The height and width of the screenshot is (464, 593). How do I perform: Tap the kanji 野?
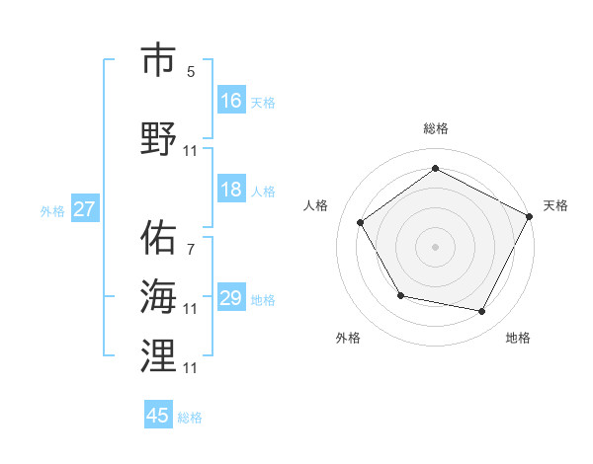point(159,138)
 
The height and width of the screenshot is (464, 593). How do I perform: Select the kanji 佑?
point(159,238)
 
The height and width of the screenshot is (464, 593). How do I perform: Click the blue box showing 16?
point(231,101)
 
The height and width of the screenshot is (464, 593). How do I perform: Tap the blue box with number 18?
point(231,190)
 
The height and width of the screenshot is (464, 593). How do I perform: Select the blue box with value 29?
point(231,298)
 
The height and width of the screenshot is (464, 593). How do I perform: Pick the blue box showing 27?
point(85,209)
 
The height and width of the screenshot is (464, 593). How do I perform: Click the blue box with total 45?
point(158,416)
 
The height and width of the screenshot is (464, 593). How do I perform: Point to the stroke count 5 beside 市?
point(191,72)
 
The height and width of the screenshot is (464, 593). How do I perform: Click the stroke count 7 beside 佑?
point(191,250)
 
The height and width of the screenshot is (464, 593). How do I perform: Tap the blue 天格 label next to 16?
point(263,102)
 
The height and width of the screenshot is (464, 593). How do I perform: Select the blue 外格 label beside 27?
point(52,210)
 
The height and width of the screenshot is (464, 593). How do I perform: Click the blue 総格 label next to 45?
point(190,417)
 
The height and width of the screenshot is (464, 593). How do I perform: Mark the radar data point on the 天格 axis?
point(529,216)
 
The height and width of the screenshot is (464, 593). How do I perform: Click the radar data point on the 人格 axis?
point(361,222)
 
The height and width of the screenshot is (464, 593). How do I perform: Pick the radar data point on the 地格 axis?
point(482,311)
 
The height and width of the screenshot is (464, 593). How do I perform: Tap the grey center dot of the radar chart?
point(435,246)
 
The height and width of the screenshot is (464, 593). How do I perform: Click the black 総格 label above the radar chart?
point(435,128)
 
